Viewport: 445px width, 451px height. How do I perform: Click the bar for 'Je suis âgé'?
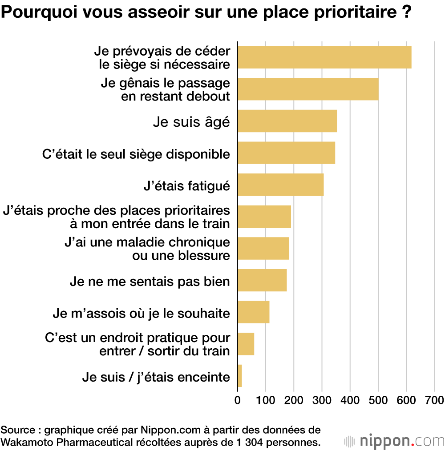point(287,121)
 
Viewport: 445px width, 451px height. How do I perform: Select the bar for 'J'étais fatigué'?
point(280,185)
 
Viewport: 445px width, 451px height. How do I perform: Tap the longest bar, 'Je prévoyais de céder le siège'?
point(324,57)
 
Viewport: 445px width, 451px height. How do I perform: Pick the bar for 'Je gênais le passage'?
point(308,89)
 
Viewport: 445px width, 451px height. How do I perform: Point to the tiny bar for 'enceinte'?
point(240,376)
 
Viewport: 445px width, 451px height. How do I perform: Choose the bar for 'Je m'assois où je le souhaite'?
point(253,312)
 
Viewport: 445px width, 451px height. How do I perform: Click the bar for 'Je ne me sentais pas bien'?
point(262,280)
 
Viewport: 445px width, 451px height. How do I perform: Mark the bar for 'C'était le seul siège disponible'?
point(286,153)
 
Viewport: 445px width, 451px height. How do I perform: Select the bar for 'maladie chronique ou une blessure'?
point(263,248)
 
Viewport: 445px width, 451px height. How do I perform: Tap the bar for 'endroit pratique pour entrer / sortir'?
point(246,344)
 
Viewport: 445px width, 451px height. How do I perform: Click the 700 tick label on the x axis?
point(434,399)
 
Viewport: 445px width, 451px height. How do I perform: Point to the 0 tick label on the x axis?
point(238,399)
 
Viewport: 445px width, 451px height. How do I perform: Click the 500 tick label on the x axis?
point(378,399)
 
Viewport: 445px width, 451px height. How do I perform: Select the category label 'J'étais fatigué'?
point(187,185)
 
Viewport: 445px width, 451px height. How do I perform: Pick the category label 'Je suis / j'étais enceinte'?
point(156,377)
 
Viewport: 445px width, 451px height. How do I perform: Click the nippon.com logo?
point(394,441)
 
